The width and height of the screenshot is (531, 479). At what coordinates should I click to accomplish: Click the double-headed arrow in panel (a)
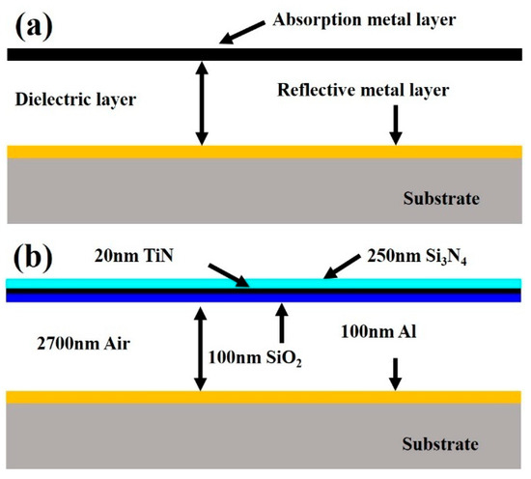[x=201, y=103]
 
